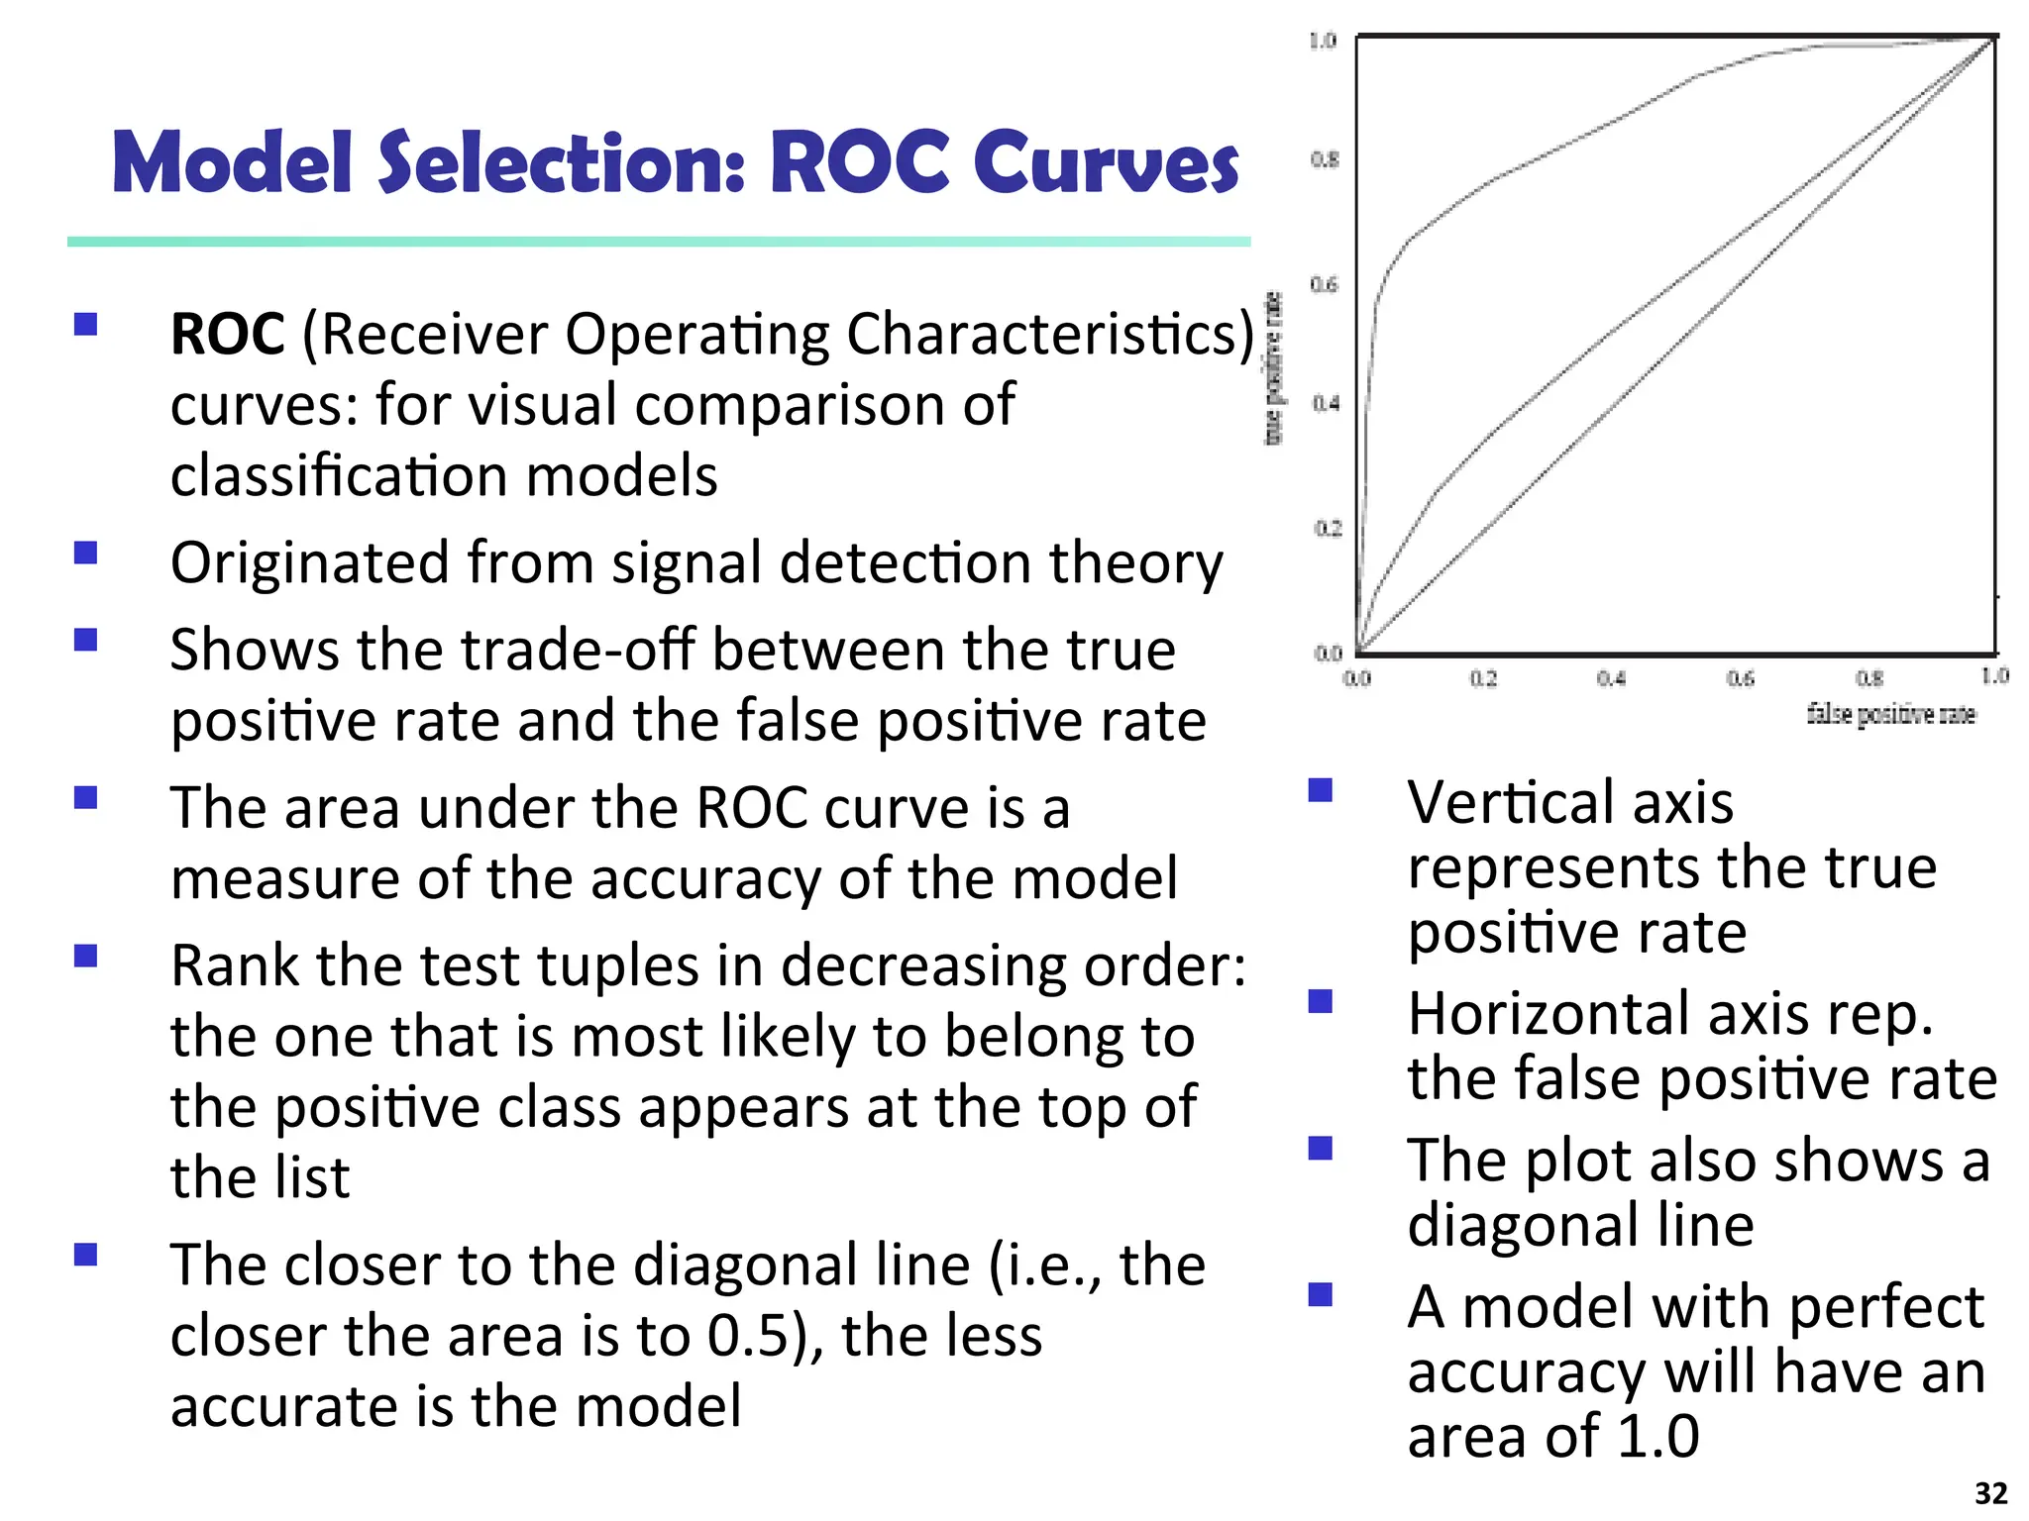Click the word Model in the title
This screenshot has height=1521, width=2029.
(x=232, y=162)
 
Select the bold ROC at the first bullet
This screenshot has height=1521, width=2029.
(x=227, y=334)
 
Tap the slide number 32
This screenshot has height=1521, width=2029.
(x=1990, y=1492)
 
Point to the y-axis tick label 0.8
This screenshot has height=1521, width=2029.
(x=1325, y=158)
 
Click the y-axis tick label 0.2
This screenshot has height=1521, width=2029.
(x=1327, y=528)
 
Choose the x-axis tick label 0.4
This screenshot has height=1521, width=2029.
(x=1611, y=678)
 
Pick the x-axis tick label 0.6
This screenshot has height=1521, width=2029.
(x=1740, y=678)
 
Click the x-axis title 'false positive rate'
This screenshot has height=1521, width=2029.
(x=1890, y=714)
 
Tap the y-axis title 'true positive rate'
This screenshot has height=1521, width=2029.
(x=1274, y=369)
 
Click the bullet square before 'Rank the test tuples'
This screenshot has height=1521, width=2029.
(x=86, y=956)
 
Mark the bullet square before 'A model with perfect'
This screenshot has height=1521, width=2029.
(x=1320, y=1295)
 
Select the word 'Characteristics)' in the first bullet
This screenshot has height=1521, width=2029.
(x=1050, y=334)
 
